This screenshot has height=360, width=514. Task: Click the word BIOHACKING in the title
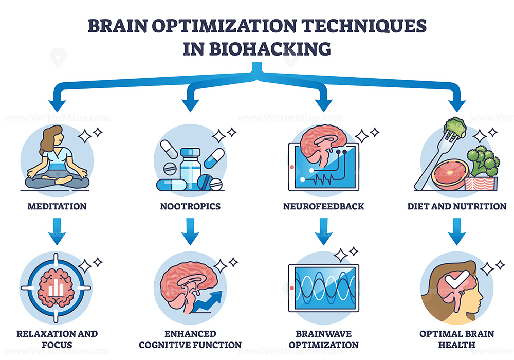pos(270,49)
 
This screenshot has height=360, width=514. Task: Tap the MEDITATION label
pos(57,206)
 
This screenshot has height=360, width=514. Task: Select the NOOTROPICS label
pos(190,206)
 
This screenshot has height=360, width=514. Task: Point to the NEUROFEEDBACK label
pos(323,206)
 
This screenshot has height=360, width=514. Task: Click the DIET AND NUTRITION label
pos(456,206)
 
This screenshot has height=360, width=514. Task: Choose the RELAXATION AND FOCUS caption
pos(57,339)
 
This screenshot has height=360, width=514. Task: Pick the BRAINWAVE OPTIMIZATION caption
pos(323,339)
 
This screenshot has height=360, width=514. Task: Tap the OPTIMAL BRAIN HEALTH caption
pos(456,339)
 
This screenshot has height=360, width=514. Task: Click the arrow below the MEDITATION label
pos(57,231)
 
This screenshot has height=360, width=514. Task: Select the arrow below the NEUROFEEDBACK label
pos(323,231)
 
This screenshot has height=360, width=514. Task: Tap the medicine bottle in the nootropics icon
pos(190,169)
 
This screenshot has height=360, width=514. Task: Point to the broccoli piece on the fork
pos(455,127)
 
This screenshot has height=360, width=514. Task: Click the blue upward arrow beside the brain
pos(208,302)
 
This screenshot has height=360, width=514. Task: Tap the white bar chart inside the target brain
pos(56,289)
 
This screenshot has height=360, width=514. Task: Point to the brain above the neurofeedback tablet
pos(323,145)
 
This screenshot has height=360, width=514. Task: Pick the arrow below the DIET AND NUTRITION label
pos(456,231)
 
